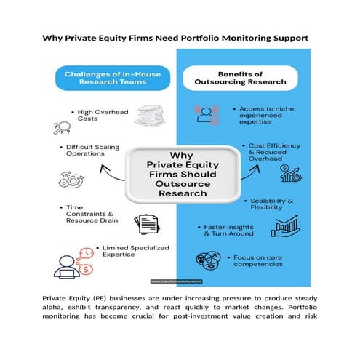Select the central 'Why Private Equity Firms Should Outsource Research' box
point(181,174)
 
